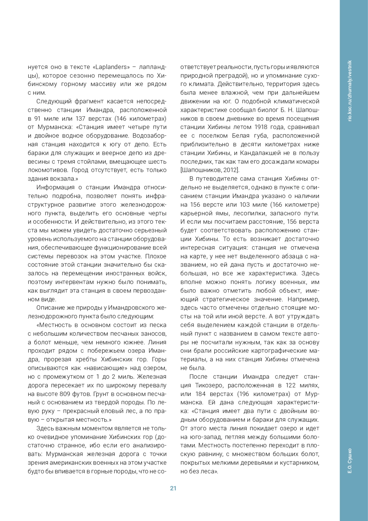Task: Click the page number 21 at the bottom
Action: [x=173, y=488]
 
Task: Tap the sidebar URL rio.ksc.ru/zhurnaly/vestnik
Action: [x=350, y=91]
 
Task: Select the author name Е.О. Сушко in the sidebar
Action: [x=350, y=461]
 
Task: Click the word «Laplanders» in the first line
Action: [x=111, y=67]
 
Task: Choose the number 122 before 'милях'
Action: [x=291, y=385]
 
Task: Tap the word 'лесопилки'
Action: [x=248, y=213]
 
